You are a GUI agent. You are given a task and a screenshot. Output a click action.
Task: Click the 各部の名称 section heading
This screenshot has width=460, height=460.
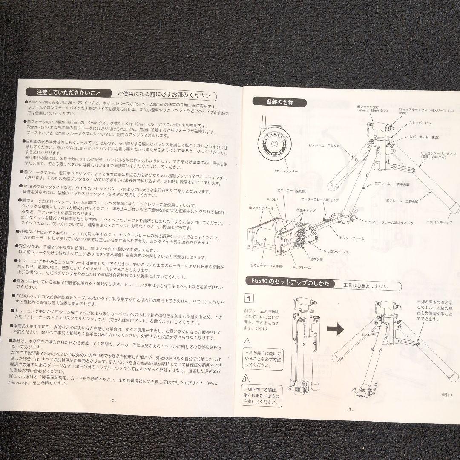coord(279,102)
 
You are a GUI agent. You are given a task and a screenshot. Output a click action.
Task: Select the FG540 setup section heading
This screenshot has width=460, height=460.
coord(290,284)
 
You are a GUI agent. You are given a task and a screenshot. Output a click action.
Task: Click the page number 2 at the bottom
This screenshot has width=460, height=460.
coord(112,400)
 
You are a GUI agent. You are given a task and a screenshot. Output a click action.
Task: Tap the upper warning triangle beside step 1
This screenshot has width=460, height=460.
coord(247,341)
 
